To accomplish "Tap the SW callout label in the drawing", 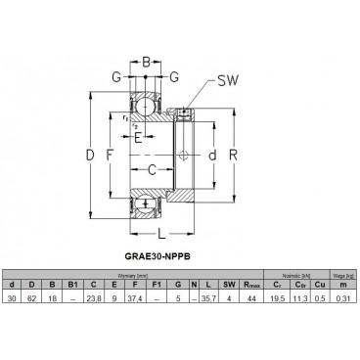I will click(228, 81).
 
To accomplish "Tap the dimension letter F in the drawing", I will click(110, 156).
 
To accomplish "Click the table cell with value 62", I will click(33, 298).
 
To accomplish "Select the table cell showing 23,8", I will click(95, 298).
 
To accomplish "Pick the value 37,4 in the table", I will click(138, 298).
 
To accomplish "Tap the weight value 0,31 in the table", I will click(343, 298).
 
